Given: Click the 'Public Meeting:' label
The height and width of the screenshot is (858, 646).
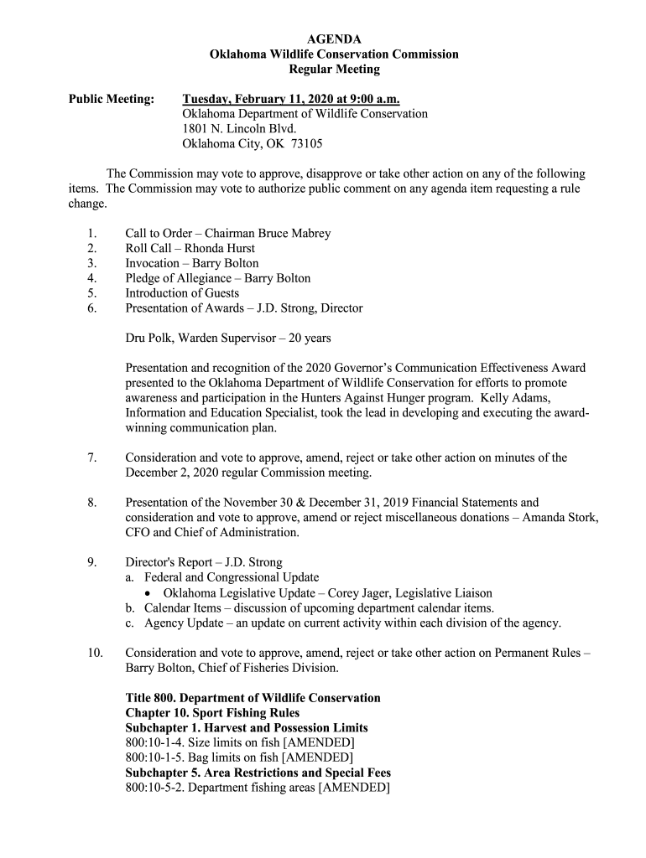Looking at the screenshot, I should click(111, 99).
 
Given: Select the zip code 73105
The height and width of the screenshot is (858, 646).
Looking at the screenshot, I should click(306, 144).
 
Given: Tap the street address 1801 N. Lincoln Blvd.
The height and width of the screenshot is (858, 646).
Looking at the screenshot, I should click(239, 129).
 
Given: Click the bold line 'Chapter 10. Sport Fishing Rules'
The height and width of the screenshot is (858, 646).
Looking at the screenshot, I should click(212, 713).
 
